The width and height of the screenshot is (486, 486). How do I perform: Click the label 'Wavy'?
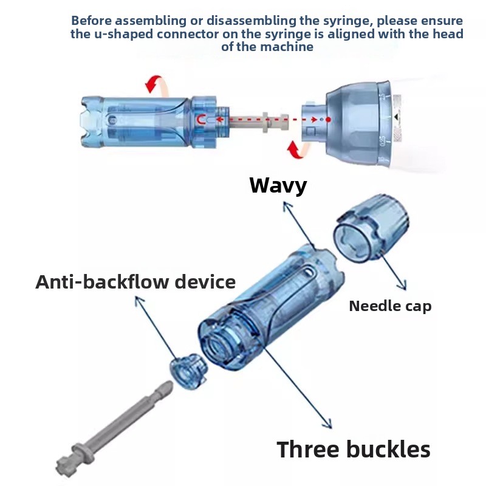(278, 185)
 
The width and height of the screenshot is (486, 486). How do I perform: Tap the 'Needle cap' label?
(390, 306)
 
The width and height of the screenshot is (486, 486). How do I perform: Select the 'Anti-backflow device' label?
(135, 282)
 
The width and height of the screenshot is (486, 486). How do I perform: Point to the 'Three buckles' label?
(354, 449)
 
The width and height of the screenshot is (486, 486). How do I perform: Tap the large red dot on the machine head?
(329, 119)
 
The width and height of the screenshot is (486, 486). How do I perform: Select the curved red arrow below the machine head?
(298, 149)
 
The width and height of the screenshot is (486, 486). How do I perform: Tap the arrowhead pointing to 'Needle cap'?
(403, 286)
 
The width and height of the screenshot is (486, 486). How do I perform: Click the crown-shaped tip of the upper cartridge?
(91, 122)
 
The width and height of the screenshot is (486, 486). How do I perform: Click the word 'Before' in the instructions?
(91, 21)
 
